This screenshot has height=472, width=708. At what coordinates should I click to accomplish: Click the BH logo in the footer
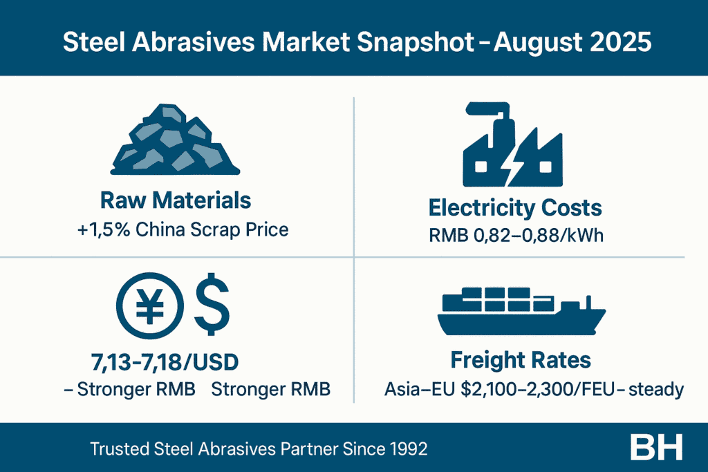656,448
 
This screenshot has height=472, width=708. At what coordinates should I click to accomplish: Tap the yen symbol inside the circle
150,306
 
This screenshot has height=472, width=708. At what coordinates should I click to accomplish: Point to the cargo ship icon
521,312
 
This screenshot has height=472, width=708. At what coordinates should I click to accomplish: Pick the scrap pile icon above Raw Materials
175,140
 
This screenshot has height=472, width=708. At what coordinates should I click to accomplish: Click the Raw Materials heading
176,200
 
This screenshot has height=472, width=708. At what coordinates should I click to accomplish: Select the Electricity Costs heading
515,208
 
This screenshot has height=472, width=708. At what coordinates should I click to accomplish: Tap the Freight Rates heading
521,360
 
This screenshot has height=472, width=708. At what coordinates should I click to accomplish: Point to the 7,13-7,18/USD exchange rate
165,362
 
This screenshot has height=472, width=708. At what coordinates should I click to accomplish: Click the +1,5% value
104,229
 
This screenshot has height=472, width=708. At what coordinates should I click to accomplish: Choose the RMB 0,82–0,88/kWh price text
516,236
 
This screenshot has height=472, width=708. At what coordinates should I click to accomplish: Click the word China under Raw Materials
160,229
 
